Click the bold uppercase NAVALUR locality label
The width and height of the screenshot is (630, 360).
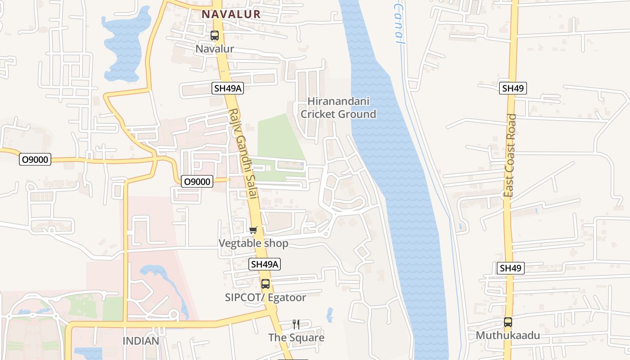click(231, 14)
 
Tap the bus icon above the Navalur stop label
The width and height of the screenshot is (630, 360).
click(215, 36)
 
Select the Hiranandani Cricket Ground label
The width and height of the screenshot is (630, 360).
click(338, 108)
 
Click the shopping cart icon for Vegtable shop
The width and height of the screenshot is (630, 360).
click(253, 230)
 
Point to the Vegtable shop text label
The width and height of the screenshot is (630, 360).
click(253, 243)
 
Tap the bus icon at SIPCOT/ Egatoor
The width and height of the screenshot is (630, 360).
click(265, 284)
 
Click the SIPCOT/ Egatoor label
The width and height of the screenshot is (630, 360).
click(265, 297)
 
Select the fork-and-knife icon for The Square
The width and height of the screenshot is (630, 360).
click(296, 324)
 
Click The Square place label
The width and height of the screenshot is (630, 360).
click(296, 337)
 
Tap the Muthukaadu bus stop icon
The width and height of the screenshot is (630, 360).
click(508, 322)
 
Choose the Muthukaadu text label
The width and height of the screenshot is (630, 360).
click(508, 336)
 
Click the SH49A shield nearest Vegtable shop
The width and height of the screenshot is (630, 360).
click(265, 264)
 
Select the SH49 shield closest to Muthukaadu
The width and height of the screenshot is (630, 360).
click(511, 268)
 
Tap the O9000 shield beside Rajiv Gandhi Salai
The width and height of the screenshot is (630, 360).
click(197, 181)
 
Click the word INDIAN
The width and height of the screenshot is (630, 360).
click(141, 341)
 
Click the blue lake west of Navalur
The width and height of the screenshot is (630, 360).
click(126, 45)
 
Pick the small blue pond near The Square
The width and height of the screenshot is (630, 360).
click(330, 314)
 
